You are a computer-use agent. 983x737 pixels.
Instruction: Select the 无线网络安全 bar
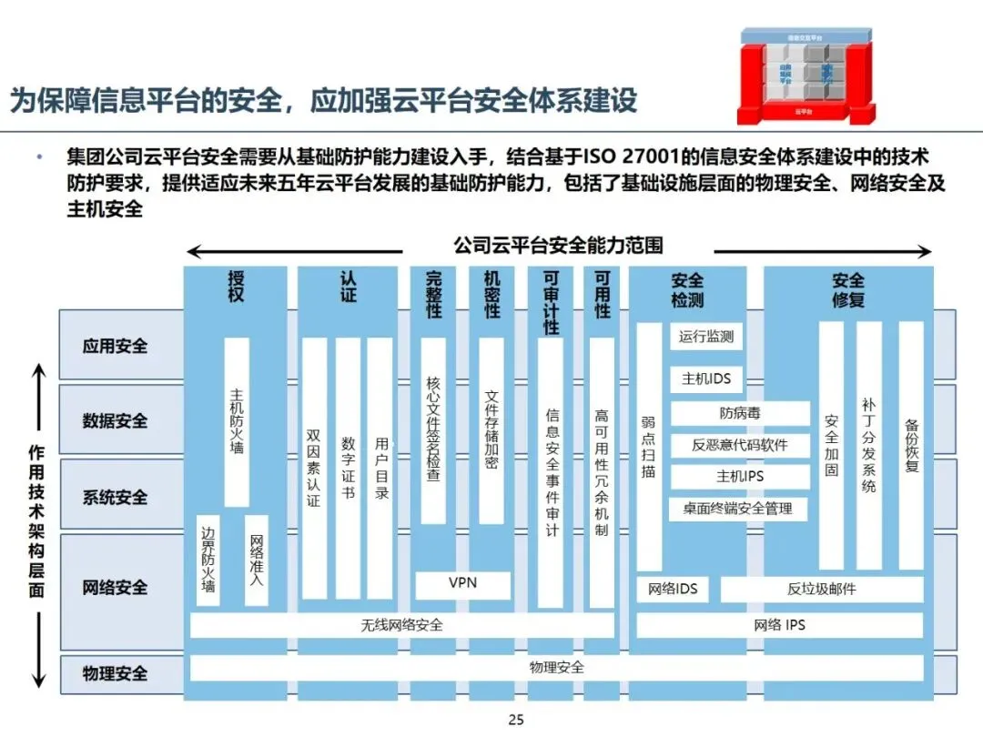(401, 625)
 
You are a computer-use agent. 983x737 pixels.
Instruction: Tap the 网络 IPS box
(779, 625)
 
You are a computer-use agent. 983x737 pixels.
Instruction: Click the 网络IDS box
(673, 589)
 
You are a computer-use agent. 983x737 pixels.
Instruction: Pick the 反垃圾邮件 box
(821, 589)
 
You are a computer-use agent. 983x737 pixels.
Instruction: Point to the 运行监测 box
(706, 337)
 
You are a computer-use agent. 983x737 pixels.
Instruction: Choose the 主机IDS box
(706, 379)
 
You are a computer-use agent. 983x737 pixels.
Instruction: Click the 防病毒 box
(739, 414)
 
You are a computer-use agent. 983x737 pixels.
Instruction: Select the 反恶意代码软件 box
(739, 445)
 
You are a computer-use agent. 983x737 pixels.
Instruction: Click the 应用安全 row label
(115, 346)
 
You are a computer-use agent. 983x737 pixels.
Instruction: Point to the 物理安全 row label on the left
(115, 673)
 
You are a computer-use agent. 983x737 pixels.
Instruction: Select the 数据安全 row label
(115, 421)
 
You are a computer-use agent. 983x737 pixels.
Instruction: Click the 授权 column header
(236, 286)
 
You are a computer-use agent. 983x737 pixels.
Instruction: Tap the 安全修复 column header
(847, 289)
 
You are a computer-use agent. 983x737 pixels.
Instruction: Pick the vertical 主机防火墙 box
(237, 422)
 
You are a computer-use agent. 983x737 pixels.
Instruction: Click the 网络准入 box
(257, 560)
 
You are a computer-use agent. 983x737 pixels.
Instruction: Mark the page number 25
(516, 721)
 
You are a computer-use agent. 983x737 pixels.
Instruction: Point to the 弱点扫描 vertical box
(648, 447)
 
